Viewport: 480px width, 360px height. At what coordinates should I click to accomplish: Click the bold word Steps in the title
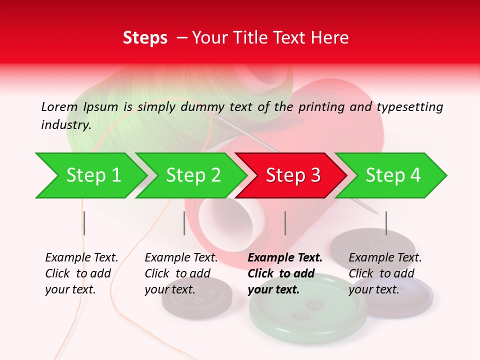(145, 38)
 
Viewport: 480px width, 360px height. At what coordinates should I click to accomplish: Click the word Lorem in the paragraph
(59, 106)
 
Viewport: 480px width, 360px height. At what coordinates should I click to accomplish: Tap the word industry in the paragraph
(65, 124)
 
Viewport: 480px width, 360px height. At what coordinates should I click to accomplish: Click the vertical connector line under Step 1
(84, 223)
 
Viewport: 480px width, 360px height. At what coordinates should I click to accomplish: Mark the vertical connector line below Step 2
(184, 223)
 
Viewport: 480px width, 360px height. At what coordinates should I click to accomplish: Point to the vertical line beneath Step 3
(285, 223)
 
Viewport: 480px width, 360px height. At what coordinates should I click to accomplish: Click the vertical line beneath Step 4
(386, 223)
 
